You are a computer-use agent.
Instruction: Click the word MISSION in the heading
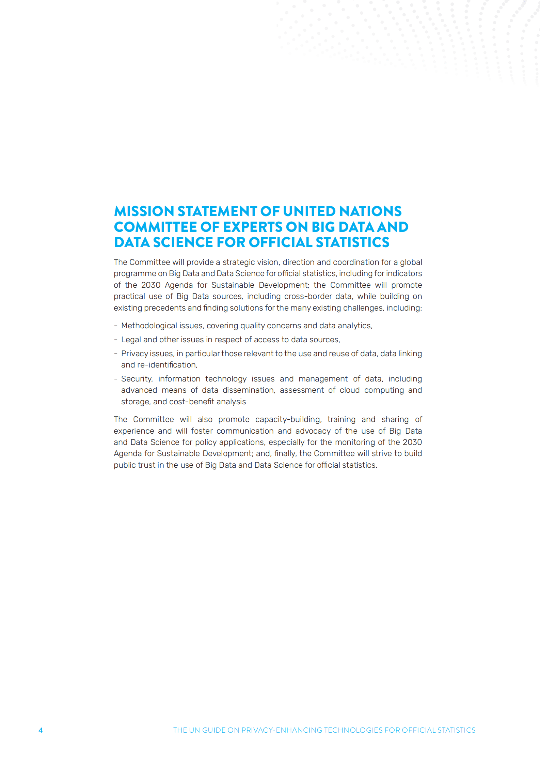point(144,211)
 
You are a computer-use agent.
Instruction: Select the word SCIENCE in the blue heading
point(183,242)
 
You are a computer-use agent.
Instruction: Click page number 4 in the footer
point(41,730)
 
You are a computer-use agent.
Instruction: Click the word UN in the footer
point(194,730)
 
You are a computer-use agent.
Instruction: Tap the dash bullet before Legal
point(116,340)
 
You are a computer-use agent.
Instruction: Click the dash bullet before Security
point(116,379)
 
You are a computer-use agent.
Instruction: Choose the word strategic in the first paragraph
point(238,262)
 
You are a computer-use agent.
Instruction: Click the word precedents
point(164,308)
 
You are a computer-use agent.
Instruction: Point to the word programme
point(135,273)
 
